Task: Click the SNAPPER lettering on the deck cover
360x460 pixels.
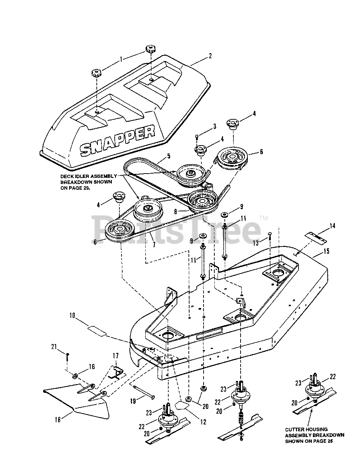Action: pos(117,139)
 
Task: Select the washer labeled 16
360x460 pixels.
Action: pos(76,376)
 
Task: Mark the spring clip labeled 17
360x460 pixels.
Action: pos(116,372)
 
